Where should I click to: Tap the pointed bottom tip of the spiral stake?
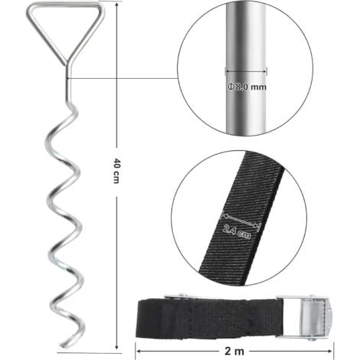coord(62,346)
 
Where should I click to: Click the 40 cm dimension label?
coord(116,171)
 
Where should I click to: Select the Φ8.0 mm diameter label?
coord(247,87)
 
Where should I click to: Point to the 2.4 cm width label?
coord(237,231)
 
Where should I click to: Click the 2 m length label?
coord(234,352)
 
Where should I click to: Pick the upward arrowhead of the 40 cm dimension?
coord(116,5)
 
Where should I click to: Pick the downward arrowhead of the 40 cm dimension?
coord(116,346)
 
